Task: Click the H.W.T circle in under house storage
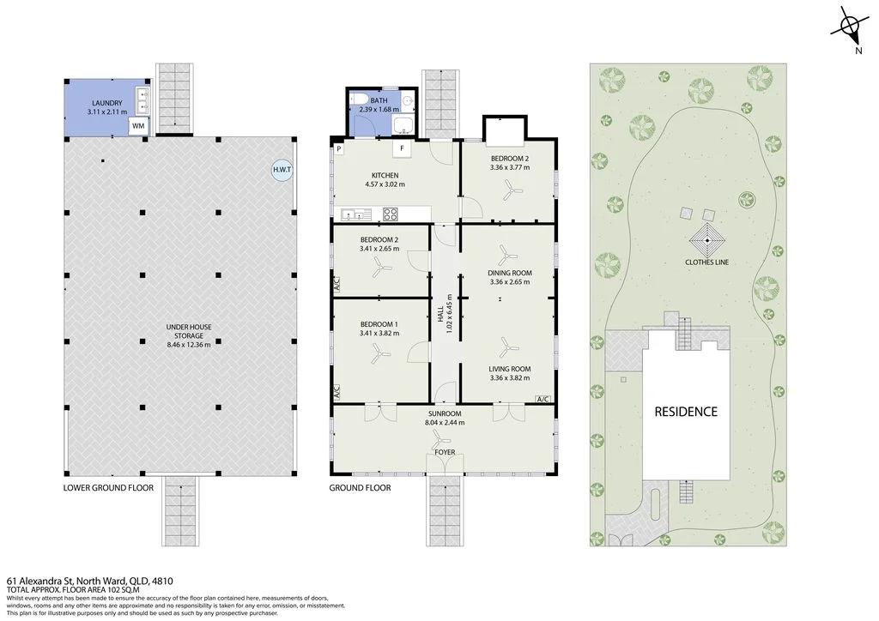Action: point(282,170)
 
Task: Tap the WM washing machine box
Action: point(138,126)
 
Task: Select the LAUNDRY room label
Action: point(107,103)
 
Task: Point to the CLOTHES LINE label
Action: point(707,262)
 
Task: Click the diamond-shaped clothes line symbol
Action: point(707,240)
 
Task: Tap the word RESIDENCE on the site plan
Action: point(686,412)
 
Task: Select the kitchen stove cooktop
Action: point(391,214)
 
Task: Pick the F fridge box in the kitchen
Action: point(402,148)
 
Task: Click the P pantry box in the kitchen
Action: point(339,149)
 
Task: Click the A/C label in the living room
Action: point(543,399)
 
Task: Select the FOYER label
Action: point(446,452)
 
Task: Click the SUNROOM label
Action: point(445,413)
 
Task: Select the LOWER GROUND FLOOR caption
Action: point(108,488)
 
